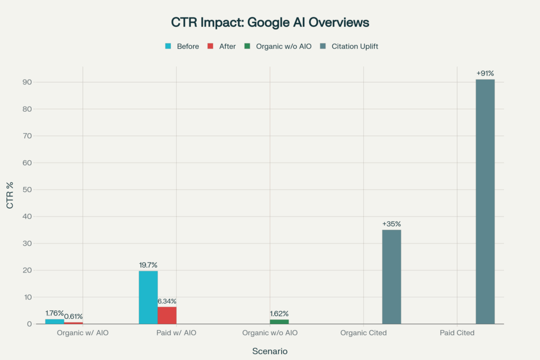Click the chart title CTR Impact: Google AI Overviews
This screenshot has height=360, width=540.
(269, 23)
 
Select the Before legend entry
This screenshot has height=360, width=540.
(182, 46)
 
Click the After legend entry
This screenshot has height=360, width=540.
(222, 46)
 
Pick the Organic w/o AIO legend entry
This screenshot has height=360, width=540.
(278, 46)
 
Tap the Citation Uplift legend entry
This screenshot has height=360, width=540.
(349, 46)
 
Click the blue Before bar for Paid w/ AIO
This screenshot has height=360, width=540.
(148, 297)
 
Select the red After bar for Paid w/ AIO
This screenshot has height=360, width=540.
(167, 315)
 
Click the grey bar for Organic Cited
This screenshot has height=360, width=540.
(391, 277)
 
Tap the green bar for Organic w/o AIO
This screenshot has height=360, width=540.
(279, 322)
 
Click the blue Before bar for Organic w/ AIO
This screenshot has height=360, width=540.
(55, 322)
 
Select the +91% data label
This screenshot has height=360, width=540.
(485, 73)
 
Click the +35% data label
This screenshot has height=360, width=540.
(391, 224)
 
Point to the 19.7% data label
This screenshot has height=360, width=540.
(148, 265)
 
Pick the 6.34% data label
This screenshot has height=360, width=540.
(167, 301)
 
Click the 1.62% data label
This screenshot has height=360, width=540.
(279, 314)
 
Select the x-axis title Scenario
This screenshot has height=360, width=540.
(269, 351)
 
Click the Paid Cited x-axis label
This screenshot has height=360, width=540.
(457, 333)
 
